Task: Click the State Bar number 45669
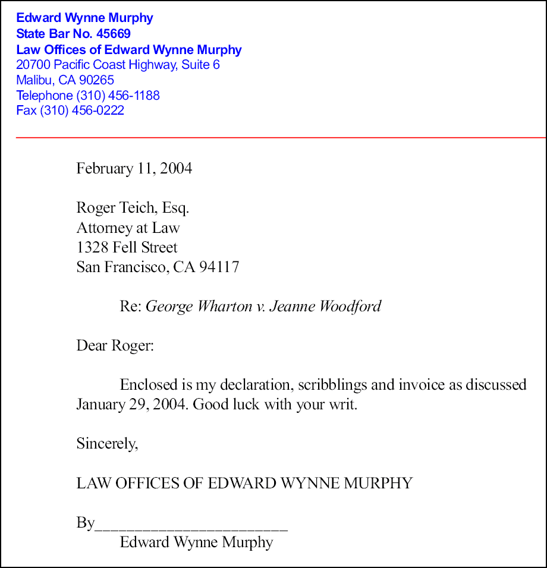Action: [x=114, y=34]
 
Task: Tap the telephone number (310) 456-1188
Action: [x=118, y=95]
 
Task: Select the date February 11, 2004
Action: [x=134, y=169]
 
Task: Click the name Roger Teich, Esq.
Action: [x=133, y=208]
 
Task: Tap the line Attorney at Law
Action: [x=128, y=228]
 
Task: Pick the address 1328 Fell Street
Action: [x=127, y=247]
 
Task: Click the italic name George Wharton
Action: [x=199, y=306]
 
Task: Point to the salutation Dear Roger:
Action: [x=115, y=345]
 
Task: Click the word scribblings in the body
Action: [x=332, y=384]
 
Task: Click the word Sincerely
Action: [x=107, y=443]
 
